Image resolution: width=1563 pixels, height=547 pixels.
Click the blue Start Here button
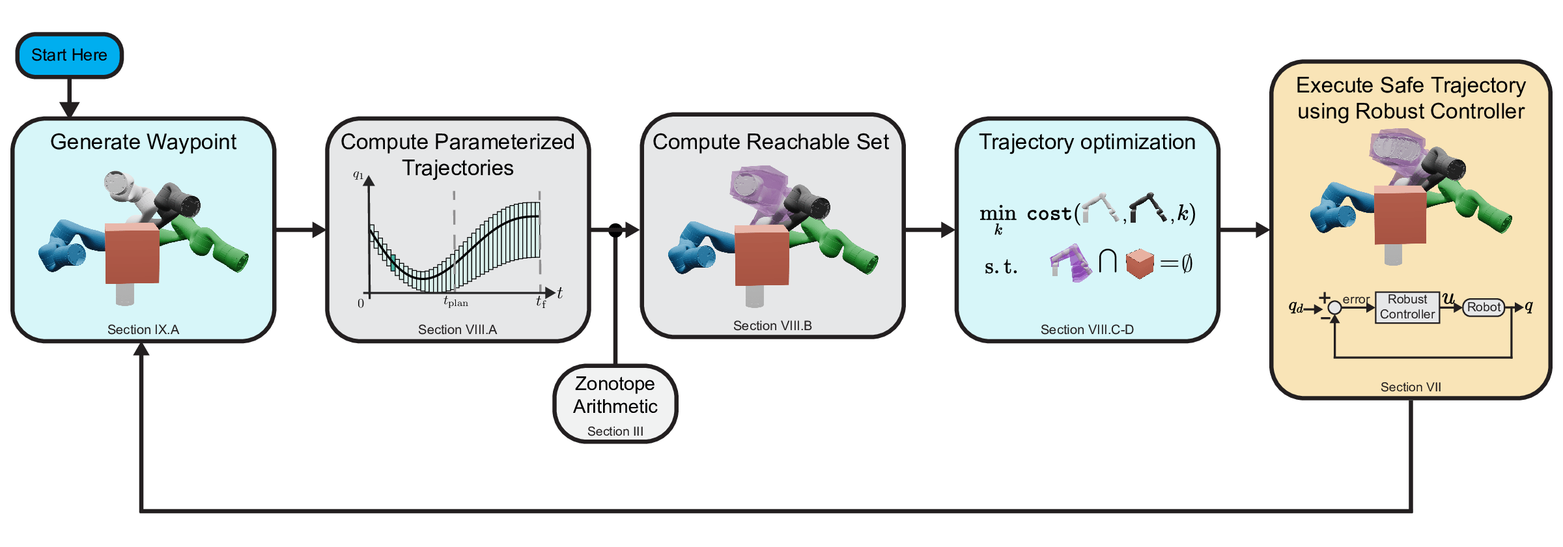[69, 55]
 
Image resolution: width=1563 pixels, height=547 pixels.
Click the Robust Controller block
[1407, 307]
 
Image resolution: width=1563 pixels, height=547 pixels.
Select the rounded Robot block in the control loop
[1484, 307]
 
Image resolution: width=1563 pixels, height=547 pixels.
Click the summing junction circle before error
[1334, 308]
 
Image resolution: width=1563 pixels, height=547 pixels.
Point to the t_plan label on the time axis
[455, 302]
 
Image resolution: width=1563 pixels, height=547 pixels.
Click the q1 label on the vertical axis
[358, 175]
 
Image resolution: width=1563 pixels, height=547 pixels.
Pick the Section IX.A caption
[143, 330]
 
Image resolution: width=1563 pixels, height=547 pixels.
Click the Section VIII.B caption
[772, 326]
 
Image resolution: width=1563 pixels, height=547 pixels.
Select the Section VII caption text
[1411, 387]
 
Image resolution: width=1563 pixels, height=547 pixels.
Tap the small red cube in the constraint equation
[1140, 264]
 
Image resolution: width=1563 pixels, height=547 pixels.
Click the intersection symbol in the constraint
[1107, 262]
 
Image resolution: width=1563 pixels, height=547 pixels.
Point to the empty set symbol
[1187, 264]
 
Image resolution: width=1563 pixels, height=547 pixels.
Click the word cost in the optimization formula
[1049, 214]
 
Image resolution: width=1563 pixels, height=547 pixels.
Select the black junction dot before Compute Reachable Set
[615, 230]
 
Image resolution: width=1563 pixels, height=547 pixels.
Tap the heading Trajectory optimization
[1087, 142]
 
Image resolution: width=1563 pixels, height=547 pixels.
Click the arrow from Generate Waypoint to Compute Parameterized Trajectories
[300, 230]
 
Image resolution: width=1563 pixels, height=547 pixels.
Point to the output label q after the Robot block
[1528, 306]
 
